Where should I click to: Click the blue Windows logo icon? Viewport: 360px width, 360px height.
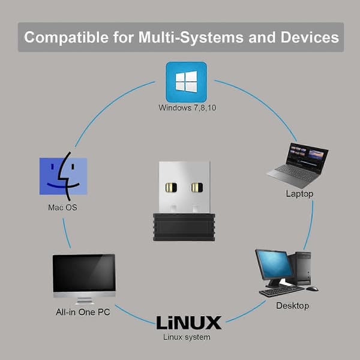[x=186, y=82]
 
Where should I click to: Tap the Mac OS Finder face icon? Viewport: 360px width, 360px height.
[x=63, y=176]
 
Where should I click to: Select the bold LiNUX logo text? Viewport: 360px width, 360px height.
[x=189, y=323]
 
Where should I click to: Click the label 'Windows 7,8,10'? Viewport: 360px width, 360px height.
[x=187, y=107]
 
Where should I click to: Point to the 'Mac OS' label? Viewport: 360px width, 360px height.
[x=62, y=208]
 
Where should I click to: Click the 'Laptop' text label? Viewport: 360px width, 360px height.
[x=299, y=194]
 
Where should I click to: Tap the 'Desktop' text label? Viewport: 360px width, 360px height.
[x=293, y=305]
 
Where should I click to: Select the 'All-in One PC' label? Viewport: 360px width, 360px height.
[x=83, y=312]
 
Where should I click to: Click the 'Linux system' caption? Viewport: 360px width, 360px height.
[x=187, y=337]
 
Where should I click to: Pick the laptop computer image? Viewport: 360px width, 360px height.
[x=298, y=164]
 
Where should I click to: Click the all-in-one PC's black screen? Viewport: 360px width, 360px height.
[x=84, y=273]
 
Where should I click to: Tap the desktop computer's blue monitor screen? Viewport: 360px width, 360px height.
[x=275, y=265]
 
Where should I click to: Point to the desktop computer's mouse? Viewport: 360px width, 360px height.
[x=312, y=289]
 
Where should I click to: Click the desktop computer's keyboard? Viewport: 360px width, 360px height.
[x=281, y=290]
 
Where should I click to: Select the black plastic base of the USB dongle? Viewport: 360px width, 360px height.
[x=184, y=227]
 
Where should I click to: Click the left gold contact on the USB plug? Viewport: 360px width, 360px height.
[x=171, y=187]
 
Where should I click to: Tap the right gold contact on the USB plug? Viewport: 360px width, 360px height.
[x=197, y=187]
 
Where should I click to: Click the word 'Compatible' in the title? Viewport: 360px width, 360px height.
[x=67, y=37]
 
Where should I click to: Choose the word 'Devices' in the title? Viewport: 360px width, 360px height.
[x=310, y=37]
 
